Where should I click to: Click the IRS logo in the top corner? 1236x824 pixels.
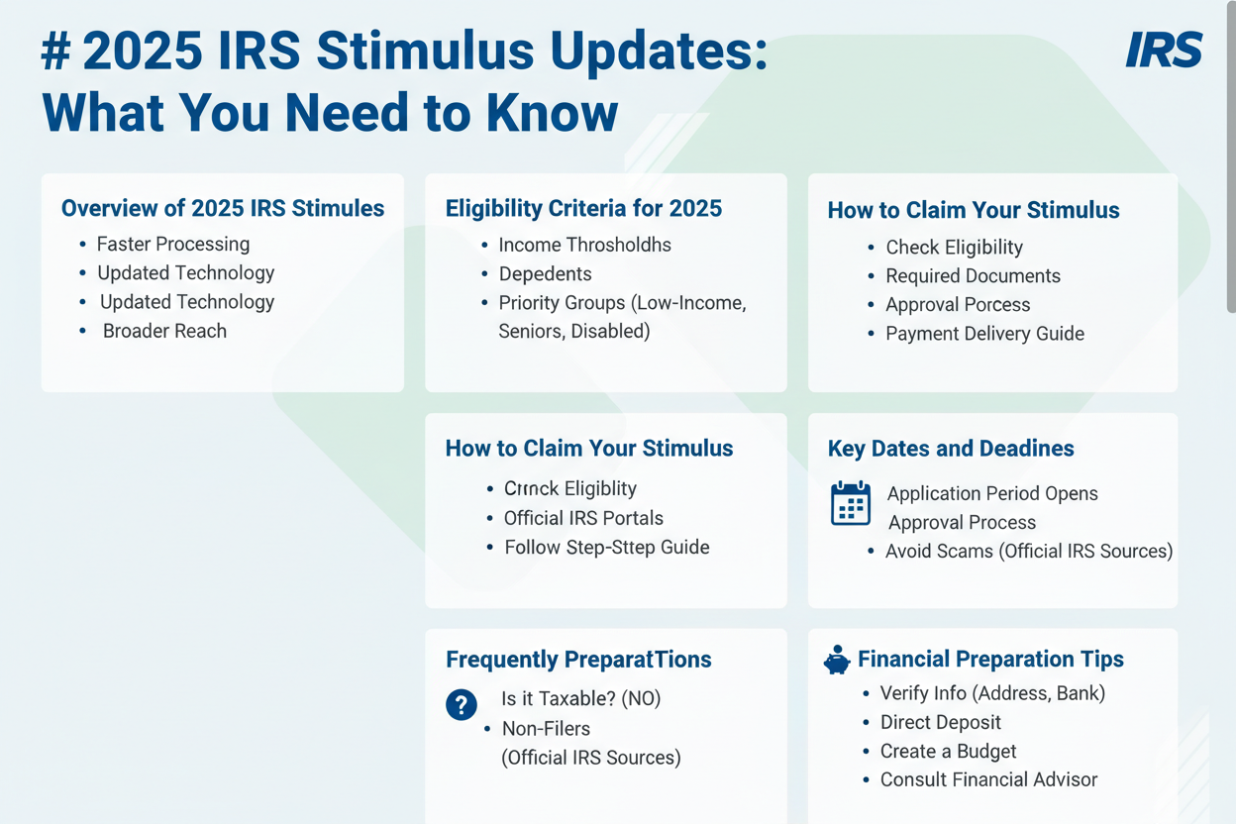coord(1164,50)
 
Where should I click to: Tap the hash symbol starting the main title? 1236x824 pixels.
coord(55,51)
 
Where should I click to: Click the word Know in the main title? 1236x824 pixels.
coord(552,113)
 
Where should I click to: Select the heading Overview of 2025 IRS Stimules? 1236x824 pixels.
coord(223,208)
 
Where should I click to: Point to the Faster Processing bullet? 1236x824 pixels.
coord(173,244)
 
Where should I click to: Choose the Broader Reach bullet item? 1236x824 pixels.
coord(164,331)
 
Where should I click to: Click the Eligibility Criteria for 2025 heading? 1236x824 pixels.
coord(583,209)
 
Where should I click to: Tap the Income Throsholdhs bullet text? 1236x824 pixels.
coord(585,245)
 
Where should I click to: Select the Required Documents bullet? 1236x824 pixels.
coord(973,275)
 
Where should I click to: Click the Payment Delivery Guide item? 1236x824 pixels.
coord(984,334)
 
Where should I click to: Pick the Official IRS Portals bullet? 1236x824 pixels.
coord(583,518)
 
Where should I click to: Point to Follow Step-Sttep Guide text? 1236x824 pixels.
coord(607,547)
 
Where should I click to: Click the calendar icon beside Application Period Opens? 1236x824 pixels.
coord(851,503)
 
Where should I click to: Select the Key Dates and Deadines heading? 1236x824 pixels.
coord(951,449)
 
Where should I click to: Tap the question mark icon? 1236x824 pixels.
coord(462,705)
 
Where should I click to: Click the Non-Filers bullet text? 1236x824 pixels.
coord(546,729)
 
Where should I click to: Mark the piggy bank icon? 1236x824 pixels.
coord(837,660)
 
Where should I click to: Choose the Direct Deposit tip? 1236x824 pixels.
coord(940,722)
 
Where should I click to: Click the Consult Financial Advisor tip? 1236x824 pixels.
coord(988,779)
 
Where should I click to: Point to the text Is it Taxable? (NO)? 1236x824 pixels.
coord(581,699)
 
